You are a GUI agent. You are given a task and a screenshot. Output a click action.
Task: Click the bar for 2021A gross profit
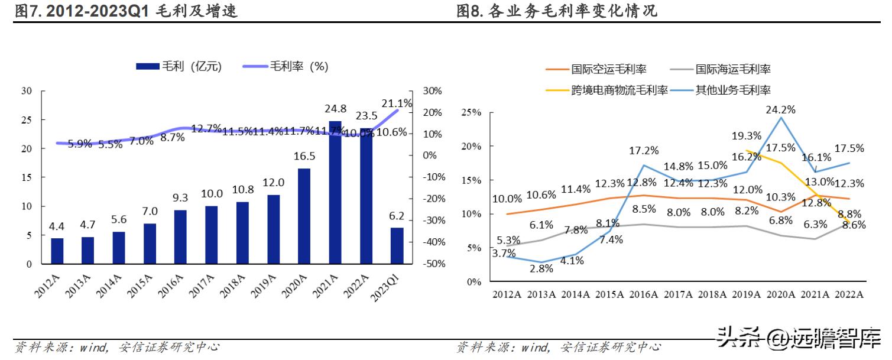click(x=335, y=192)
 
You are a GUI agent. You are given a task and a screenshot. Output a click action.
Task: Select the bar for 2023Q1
click(x=397, y=245)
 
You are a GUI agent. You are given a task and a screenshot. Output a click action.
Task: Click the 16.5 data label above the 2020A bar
click(x=304, y=156)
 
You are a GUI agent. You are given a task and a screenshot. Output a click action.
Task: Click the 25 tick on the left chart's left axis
click(x=26, y=120)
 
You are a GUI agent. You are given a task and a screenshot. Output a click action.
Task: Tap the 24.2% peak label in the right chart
click(x=780, y=109)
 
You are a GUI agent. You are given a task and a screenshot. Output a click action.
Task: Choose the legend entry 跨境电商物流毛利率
click(x=606, y=90)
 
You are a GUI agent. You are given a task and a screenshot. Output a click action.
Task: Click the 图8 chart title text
click(x=556, y=11)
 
